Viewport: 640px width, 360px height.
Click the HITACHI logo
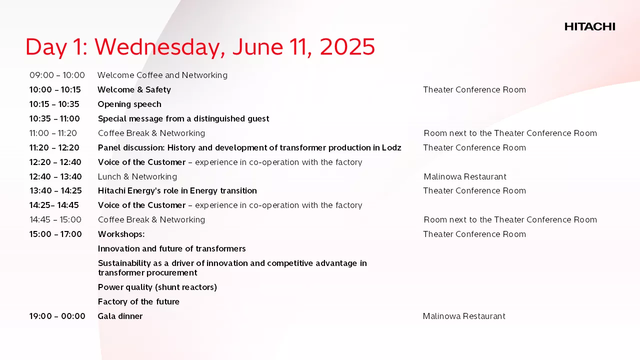(x=589, y=26)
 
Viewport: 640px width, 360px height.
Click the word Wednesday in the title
(x=159, y=47)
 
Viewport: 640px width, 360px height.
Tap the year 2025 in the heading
(x=347, y=46)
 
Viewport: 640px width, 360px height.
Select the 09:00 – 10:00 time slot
(x=57, y=75)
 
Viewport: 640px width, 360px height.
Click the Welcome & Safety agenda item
(x=134, y=89)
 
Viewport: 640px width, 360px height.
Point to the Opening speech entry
(x=129, y=104)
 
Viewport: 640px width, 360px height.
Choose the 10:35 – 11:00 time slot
(x=54, y=118)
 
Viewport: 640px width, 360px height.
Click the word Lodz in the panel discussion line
(x=391, y=147)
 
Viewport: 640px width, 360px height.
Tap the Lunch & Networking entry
(x=137, y=176)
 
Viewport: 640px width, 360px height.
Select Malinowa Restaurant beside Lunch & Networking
(x=465, y=176)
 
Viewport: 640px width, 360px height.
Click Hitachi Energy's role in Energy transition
(x=177, y=191)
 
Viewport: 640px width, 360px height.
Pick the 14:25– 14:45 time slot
(x=54, y=205)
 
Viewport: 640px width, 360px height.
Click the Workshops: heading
(x=121, y=234)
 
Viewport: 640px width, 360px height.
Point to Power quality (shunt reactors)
(x=157, y=287)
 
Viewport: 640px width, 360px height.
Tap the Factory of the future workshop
(x=138, y=301)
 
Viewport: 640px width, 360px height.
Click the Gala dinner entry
(x=120, y=316)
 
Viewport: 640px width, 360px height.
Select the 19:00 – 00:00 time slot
(x=57, y=316)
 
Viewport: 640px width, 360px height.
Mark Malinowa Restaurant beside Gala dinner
(x=464, y=316)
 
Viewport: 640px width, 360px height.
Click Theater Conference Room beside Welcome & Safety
(x=474, y=89)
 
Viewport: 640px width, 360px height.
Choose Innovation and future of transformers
(x=171, y=248)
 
